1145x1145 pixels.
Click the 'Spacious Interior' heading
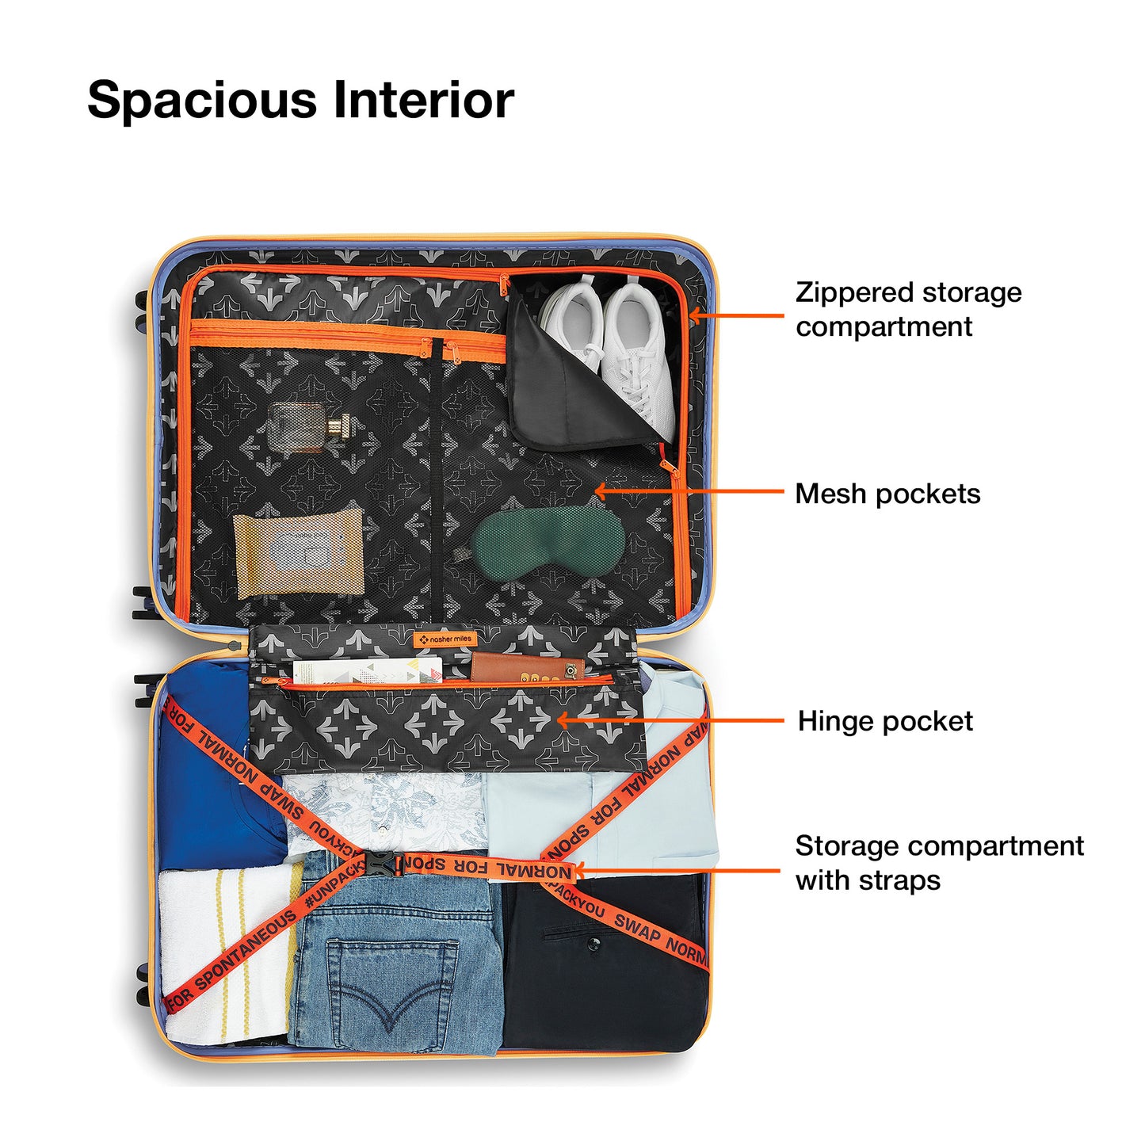point(300,101)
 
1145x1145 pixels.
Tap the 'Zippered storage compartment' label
point(908,309)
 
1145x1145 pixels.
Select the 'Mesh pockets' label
point(887,494)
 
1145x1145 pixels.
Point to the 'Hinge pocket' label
point(885,721)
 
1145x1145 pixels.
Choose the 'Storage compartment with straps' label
point(939,863)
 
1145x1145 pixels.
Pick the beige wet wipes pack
point(300,552)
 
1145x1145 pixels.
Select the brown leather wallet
point(526,669)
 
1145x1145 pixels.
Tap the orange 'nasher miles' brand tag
point(445,639)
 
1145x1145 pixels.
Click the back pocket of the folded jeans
point(392,983)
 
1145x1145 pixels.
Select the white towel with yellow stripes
point(226,951)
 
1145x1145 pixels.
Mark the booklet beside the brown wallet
point(366,671)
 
